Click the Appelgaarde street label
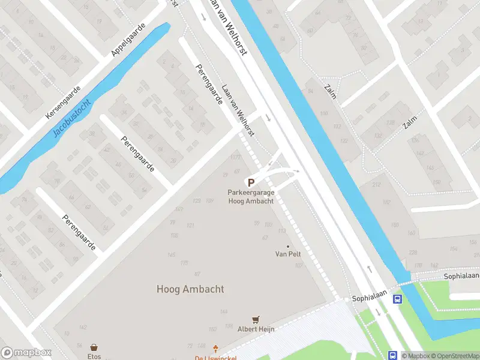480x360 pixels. click(x=130, y=41)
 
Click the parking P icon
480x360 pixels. click(x=251, y=182)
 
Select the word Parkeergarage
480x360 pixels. click(x=251, y=193)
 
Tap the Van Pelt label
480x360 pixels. click(x=288, y=254)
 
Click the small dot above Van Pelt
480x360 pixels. click(x=288, y=246)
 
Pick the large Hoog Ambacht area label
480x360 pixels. click(x=190, y=289)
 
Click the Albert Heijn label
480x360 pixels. click(x=256, y=329)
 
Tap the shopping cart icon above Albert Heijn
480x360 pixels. click(x=256, y=320)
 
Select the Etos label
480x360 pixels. click(x=94, y=356)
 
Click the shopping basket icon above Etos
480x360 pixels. click(x=94, y=347)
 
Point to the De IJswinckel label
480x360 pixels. click(x=217, y=358)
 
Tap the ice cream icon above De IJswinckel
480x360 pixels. click(x=217, y=349)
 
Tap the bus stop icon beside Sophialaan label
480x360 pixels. click(x=397, y=298)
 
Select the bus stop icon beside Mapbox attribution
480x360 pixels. click(x=393, y=355)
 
